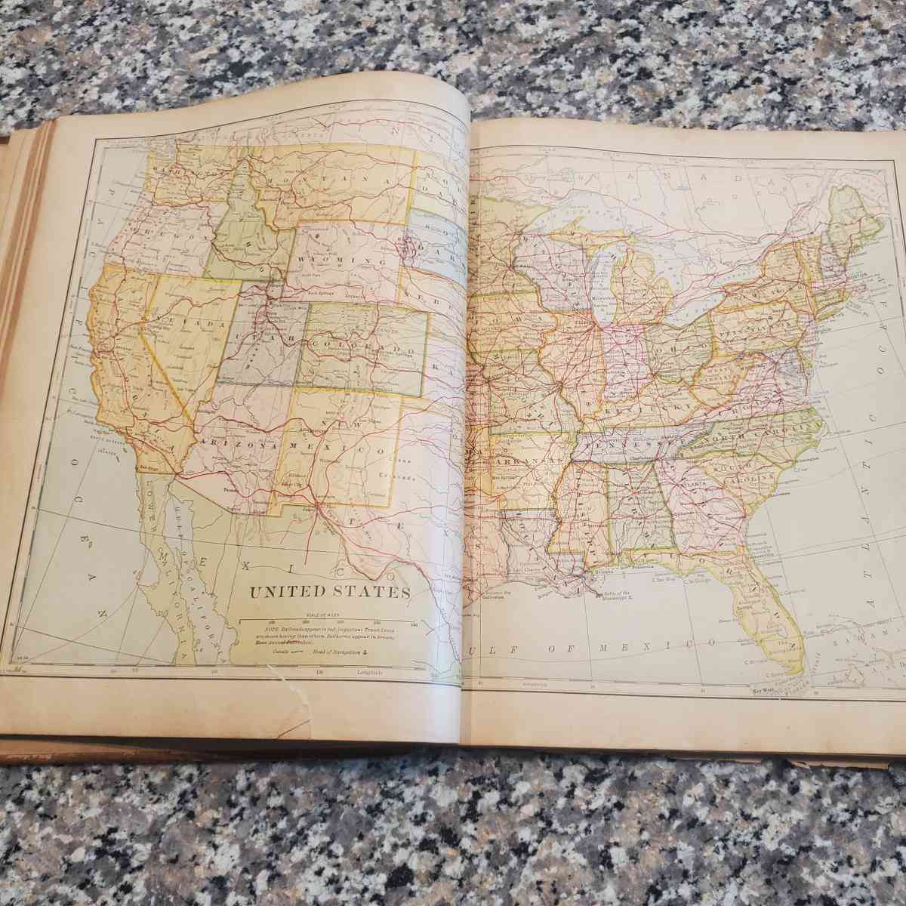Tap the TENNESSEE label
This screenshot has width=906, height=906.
pyautogui.click(x=620, y=444)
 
